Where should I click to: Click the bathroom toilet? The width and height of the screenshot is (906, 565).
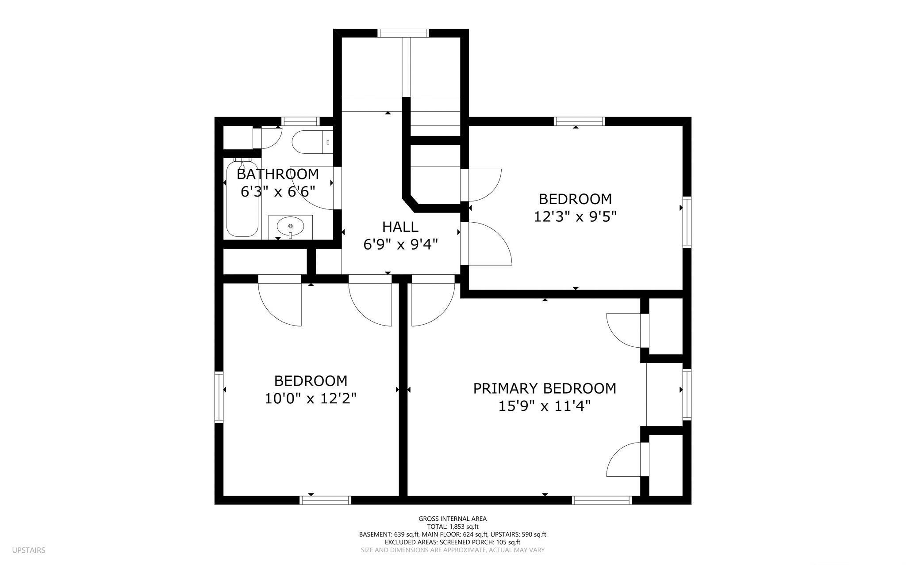tap(312, 142)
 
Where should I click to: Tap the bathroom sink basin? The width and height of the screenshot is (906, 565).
tap(291, 227)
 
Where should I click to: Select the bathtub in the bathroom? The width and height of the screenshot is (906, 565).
tap(242, 198)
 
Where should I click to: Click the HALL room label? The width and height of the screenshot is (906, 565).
tap(400, 227)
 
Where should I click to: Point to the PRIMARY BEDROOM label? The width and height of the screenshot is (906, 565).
tap(545, 388)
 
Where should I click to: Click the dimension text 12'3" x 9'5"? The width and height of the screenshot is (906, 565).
tap(575, 217)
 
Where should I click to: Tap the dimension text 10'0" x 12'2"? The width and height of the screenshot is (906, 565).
tap(311, 399)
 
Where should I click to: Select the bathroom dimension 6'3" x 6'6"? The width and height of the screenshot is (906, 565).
tap(278, 192)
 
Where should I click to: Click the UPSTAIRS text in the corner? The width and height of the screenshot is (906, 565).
tap(29, 550)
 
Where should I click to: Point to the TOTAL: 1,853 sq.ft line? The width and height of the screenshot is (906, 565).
tap(453, 527)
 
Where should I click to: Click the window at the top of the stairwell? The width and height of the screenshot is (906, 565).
tap(403, 33)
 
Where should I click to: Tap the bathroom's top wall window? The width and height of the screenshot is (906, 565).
tap(301, 121)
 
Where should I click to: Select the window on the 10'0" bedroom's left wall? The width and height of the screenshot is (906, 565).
tap(219, 397)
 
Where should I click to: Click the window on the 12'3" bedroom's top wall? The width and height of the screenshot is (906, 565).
tap(580, 121)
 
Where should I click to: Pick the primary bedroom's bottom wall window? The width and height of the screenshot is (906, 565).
tap(602, 500)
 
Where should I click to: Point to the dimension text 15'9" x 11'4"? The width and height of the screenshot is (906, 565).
tap(545, 406)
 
